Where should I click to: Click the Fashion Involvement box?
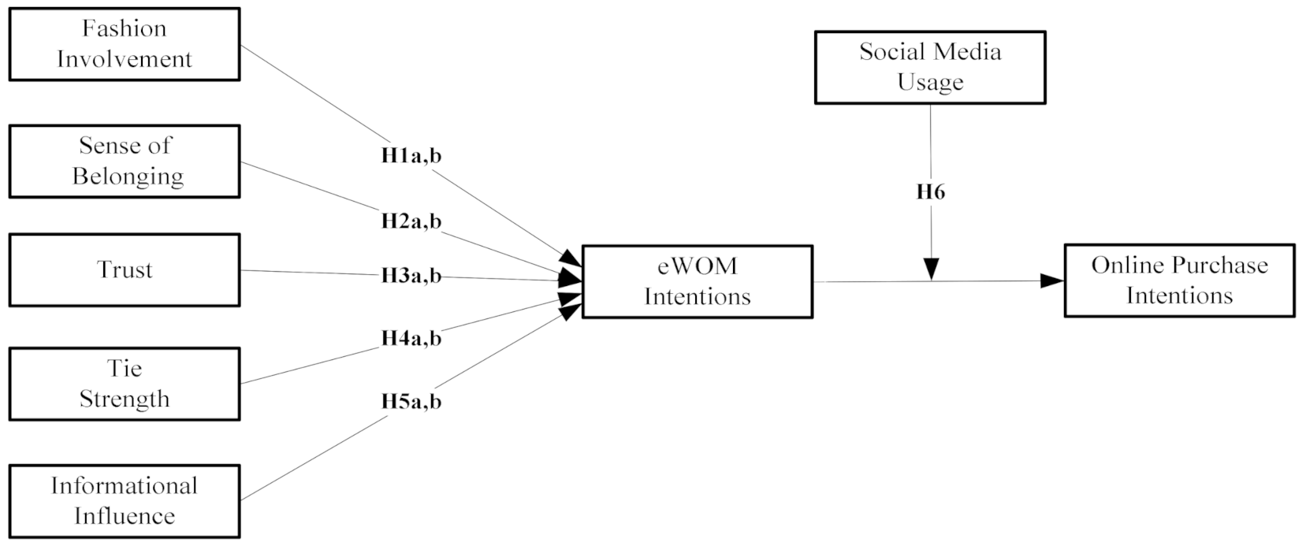point(124,44)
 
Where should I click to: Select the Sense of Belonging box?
point(124,161)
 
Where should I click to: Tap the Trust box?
point(124,269)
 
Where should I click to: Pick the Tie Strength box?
point(124,384)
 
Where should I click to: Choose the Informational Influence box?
point(124,500)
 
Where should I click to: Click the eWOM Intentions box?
point(697,281)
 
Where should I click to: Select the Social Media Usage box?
point(929,67)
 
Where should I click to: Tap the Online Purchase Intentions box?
point(1179,280)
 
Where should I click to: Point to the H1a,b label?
point(411,156)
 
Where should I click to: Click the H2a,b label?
point(411,221)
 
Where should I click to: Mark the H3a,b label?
point(411,277)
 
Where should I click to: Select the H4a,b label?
point(411,339)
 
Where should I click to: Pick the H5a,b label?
point(411,402)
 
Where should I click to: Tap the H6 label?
point(930,192)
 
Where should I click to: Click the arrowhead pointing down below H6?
point(931,269)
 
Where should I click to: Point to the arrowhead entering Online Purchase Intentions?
point(1052,280)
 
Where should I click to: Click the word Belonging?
point(128,176)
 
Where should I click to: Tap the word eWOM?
point(697,266)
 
